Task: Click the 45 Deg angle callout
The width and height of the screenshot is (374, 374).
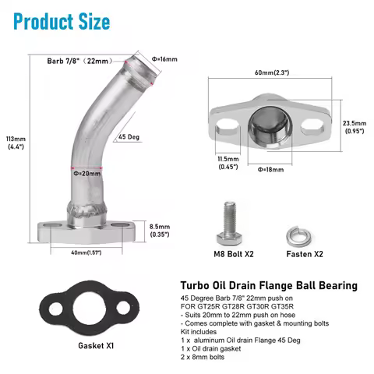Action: pyautogui.click(x=129, y=137)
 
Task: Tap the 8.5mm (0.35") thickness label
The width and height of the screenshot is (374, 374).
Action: pyautogui.click(x=161, y=229)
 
